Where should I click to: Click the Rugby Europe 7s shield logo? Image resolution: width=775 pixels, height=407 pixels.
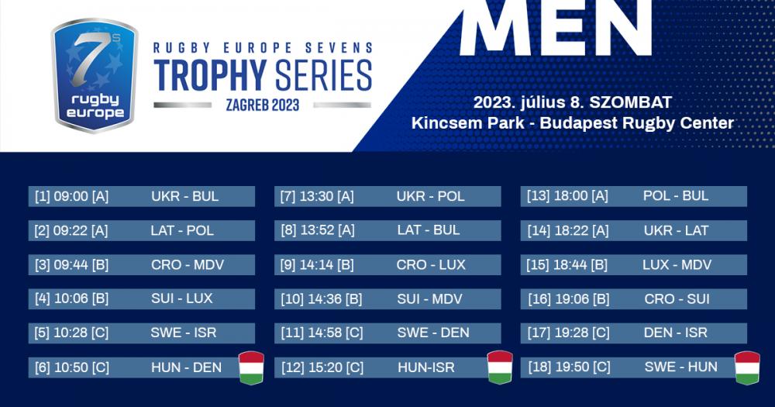pos(95,76)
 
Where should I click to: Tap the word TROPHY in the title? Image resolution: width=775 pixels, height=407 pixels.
pos(210,76)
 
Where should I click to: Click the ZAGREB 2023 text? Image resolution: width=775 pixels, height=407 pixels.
pos(263,105)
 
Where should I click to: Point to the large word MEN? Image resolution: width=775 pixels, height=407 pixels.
pos(556,27)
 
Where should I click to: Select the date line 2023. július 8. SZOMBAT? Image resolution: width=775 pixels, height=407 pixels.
pos(573,102)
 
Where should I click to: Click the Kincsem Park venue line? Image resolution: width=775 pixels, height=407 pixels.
pos(573,122)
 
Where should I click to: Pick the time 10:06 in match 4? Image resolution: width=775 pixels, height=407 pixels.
pos(71,298)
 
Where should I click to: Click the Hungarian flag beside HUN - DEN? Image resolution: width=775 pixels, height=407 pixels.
pos(252,367)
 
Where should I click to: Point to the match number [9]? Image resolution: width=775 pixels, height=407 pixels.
pos(288,264)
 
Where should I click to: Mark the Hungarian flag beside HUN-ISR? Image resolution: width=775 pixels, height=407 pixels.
pos(500,367)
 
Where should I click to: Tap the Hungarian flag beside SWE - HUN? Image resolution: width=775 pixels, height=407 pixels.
pos(747,367)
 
